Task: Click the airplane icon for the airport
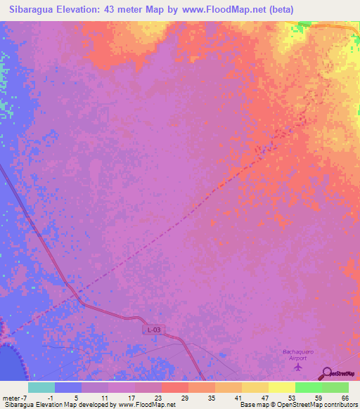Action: (298, 366)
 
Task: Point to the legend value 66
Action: (345, 398)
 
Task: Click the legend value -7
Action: (25, 398)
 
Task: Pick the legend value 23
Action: (160, 398)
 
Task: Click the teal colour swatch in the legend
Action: (41, 387)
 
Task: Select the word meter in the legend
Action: (11, 398)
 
